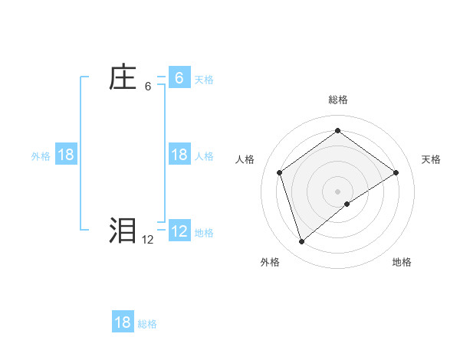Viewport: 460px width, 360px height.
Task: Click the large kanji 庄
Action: pyautogui.click(x=122, y=78)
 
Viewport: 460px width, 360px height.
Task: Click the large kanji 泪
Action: pyautogui.click(x=122, y=231)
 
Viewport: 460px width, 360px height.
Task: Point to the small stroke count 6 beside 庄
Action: pyautogui.click(x=148, y=87)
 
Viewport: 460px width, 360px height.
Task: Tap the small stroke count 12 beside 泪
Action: pyautogui.click(x=147, y=240)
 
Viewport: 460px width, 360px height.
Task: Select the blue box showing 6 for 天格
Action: pyautogui.click(x=179, y=78)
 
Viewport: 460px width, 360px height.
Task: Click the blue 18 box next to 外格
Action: pyautogui.click(x=66, y=155)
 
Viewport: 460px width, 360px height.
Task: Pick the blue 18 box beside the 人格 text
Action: pyautogui.click(x=179, y=155)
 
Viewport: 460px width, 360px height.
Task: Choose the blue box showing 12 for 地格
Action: pyautogui.click(x=179, y=231)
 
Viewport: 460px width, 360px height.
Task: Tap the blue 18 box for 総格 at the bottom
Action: pyautogui.click(x=123, y=322)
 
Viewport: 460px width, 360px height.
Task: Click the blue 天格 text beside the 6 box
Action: pyautogui.click(x=204, y=80)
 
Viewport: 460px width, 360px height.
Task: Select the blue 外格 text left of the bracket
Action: pyautogui.click(x=41, y=156)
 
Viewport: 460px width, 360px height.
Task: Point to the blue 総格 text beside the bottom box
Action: pyautogui.click(x=147, y=324)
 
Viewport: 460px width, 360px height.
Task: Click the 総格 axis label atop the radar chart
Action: pyautogui.click(x=338, y=100)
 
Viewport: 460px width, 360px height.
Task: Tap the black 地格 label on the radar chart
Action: pyautogui.click(x=402, y=262)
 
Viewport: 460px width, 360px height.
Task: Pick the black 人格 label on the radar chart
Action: pyautogui.click(x=245, y=159)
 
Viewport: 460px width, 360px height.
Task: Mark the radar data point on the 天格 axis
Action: pyautogui.click(x=396, y=172)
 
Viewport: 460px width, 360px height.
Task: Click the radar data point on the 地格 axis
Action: pyautogui.click(x=347, y=204)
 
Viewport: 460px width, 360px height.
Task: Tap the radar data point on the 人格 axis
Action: pyautogui.click(x=280, y=172)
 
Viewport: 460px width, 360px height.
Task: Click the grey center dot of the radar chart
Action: pyautogui.click(x=338, y=191)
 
